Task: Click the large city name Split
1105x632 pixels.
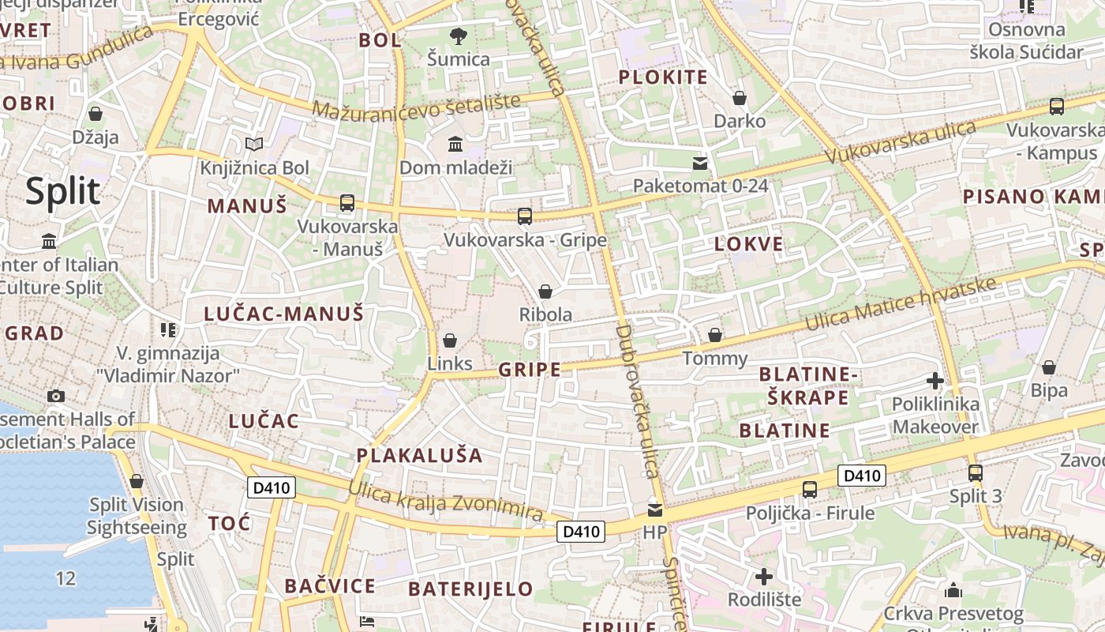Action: click(x=63, y=192)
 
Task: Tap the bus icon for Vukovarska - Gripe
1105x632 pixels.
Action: click(x=525, y=216)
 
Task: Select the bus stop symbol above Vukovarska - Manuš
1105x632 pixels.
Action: click(x=347, y=202)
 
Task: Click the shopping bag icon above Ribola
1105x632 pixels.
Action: click(x=545, y=292)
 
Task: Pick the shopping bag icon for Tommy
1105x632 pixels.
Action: click(x=715, y=335)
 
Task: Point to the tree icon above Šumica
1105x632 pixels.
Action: click(x=458, y=36)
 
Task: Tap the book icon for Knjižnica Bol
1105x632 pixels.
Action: click(x=254, y=144)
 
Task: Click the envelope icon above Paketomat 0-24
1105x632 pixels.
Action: click(x=700, y=164)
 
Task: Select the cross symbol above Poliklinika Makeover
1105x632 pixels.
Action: click(x=935, y=382)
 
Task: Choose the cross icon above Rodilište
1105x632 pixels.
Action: click(x=763, y=576)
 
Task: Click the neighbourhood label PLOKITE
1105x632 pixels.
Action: click(x=663, y=77)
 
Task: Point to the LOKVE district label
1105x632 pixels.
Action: click(x=749, y=244)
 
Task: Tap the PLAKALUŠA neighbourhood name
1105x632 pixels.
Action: click(x=419, y=455)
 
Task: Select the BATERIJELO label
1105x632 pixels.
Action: click(x=470, y=589)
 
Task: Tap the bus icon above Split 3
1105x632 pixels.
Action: click(x=976, y=473)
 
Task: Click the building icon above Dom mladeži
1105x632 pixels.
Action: click(x=455, y=144)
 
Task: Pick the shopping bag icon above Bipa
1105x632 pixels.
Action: click(x=1049, y=367)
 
